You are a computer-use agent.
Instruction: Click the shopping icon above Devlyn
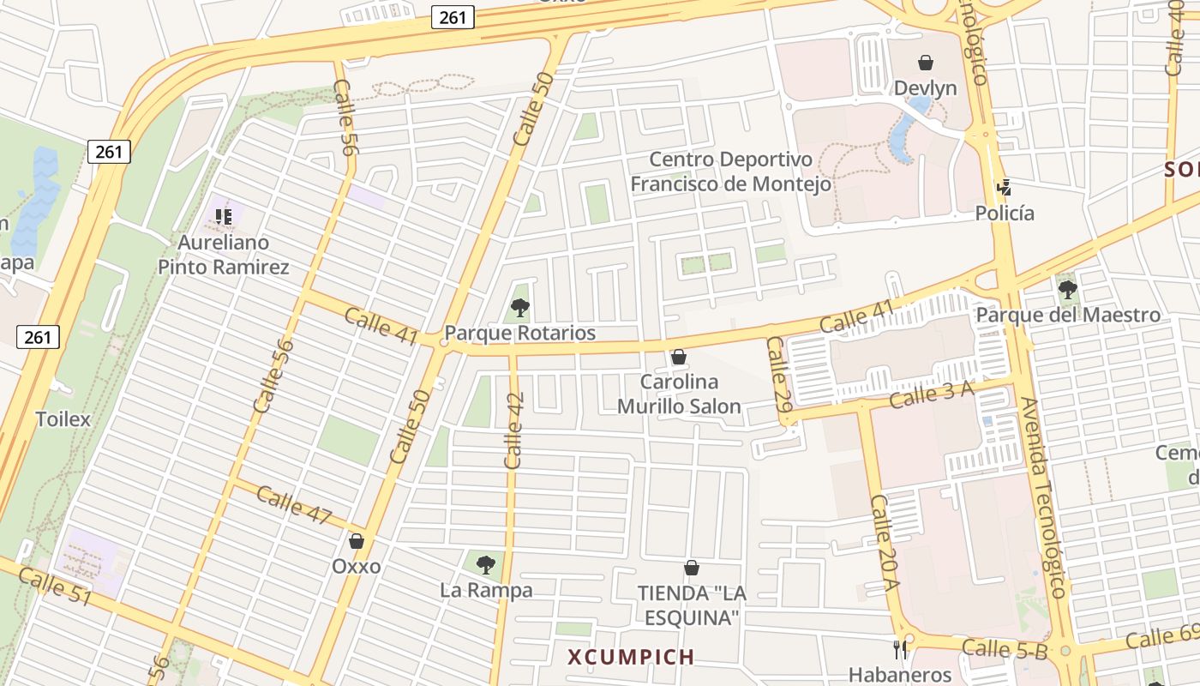(x=926, y=63)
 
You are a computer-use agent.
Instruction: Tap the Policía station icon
(x=1004, y=188)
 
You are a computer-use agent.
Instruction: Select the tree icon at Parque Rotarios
(x=519, y=307)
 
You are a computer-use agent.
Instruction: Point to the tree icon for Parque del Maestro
(x=1068, y=289)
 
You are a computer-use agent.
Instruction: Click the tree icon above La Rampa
(x=486, y=564)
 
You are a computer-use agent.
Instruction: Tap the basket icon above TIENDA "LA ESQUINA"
(x=692, y=568)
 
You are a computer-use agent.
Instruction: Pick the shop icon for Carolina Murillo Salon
(x=679, y=356)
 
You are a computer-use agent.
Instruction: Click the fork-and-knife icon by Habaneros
(x=900, y=650)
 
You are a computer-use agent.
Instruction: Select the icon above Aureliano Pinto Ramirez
(x=224, y=216)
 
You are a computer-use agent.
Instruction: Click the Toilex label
(x=63, y=419)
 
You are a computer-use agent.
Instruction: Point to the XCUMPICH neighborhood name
(x=631, y=658)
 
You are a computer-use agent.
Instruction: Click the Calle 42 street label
(x=514, y=430)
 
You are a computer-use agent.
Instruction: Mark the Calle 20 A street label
(x=883, y=543)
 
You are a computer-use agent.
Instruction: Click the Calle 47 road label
(x=293, y=505)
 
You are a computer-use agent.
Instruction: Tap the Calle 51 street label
(x=54, y=587)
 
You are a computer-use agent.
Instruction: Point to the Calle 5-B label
(x=1005, y=649)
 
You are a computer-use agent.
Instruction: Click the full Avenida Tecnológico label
(x=1043, y=497)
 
